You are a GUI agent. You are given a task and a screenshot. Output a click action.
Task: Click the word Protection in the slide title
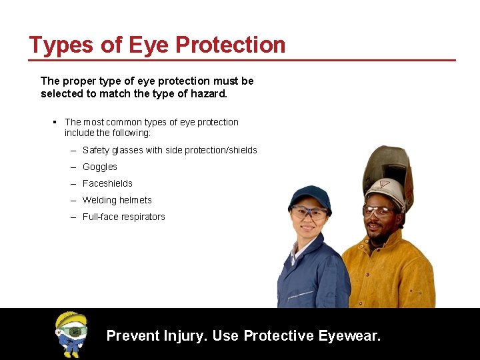230,45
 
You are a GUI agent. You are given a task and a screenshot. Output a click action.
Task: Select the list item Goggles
99,167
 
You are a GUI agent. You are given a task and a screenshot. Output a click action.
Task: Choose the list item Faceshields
107,183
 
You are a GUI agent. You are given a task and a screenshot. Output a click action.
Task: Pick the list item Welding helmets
117,200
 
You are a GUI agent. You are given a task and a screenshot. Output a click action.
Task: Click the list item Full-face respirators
123,217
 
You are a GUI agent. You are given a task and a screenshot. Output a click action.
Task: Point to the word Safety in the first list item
95,150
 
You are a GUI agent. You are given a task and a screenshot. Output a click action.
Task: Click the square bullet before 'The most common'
54,122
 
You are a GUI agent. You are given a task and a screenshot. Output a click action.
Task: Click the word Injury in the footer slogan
185,335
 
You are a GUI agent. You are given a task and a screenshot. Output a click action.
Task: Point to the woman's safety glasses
309,213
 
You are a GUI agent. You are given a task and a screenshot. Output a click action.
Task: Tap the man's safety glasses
379,211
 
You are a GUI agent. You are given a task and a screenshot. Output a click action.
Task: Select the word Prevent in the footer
132,335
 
